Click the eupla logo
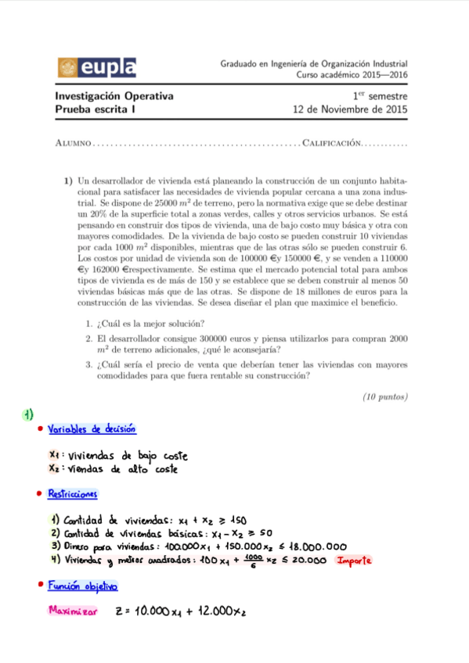point(96,67)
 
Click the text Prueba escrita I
point(95,110)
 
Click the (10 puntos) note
point(384,396)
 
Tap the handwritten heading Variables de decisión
point(92,428)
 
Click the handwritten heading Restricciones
point(73,494)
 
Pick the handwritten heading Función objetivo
point(82,586)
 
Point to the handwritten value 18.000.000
point(313,547)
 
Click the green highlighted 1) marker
point(27,414)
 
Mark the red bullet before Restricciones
point(39,494)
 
